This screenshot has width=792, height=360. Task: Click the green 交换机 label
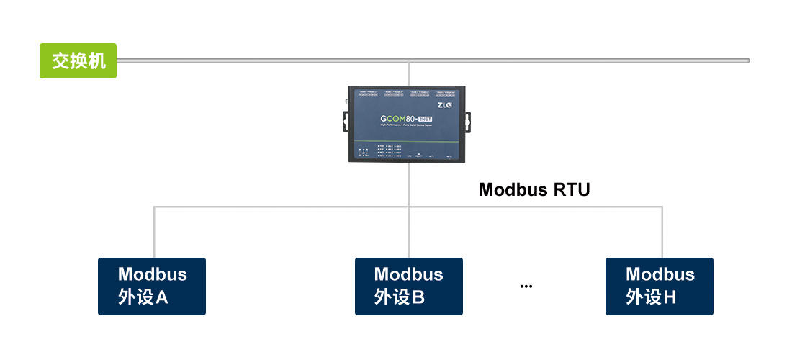tap(78, 60)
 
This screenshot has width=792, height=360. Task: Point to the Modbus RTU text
tap(534, 190)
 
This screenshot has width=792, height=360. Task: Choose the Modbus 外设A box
tap(152, 286)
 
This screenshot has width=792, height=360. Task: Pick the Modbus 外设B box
tap(408, 286)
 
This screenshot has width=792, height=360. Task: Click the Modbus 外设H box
tap(659, 286)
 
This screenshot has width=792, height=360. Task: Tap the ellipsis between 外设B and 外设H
tap(526, 287)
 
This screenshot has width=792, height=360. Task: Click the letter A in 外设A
tap(161, 297)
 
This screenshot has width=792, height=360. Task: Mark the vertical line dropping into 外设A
tap(154, 233)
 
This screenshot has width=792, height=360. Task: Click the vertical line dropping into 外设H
tap(662, 233)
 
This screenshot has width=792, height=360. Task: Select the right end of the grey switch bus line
tap(747, 60)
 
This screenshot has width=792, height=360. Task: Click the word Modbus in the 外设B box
tap(408, 274)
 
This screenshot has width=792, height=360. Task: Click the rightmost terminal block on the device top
tap(446, 94)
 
